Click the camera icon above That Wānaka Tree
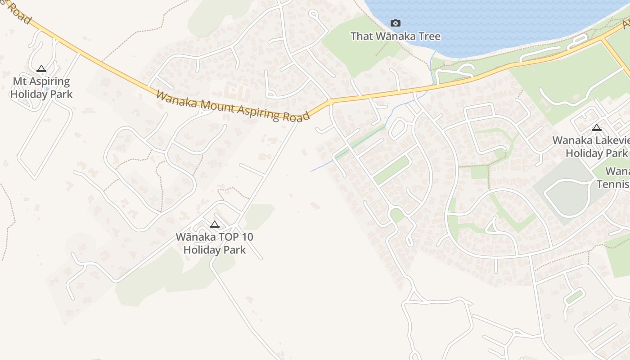(x=395, y=23)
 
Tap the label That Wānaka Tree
(x=395, y=36)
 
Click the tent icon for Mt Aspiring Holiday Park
(x=41, y=69)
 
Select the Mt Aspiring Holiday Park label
(x=41, y=88)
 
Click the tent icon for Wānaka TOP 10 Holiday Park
(x=215, y=224)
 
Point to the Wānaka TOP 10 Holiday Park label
(x=215, y=243)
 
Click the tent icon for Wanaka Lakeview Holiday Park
(x=597, y=128)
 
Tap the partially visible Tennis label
(x=613, y=184)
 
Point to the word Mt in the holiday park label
(x=19, y=81)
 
